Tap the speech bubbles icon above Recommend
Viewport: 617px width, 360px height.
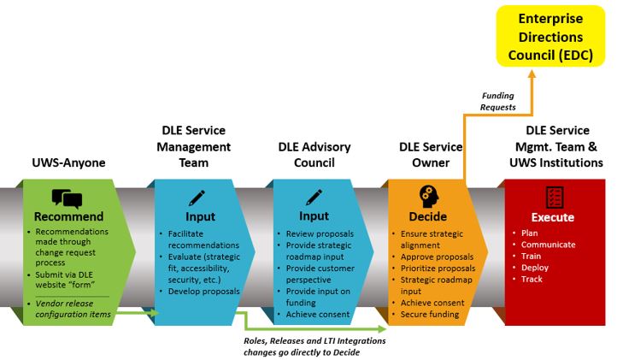pos(68,198)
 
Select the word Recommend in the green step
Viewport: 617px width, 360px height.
pos(69,216)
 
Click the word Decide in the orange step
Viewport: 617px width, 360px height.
pos(428,216)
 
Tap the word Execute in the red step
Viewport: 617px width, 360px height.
pos(553,217)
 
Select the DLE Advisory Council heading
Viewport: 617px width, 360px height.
pos(314,155)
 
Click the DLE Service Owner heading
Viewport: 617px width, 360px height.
pos(432,155)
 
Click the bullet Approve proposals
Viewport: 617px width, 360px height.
pos(439,257)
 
